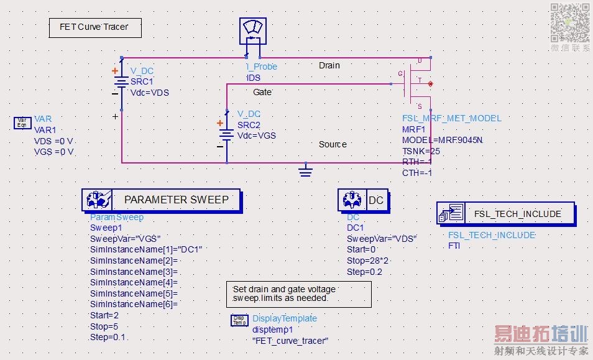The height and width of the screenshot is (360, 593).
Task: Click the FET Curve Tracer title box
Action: [95, 27]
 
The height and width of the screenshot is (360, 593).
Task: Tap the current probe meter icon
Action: [252, 31]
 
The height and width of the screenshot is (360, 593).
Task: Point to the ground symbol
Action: [305, 170]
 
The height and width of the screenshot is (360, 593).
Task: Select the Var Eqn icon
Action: [22, 122]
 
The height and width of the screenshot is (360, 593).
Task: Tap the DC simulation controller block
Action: [363, 200]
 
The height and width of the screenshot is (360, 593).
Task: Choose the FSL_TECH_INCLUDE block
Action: [505, 214]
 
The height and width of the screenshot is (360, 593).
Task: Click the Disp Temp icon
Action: [239, 320]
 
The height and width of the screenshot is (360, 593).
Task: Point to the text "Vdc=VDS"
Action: [149, 93]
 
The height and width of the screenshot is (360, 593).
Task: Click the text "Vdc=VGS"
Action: [256, 136]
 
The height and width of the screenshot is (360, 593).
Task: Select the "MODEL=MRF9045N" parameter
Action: [442, 140]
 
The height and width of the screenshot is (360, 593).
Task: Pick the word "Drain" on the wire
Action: [329, 65]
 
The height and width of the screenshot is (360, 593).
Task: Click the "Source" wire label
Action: [333, 144]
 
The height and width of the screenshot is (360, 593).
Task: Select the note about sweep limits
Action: [298, 294]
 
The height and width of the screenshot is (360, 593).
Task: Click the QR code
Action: [569, 23]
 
